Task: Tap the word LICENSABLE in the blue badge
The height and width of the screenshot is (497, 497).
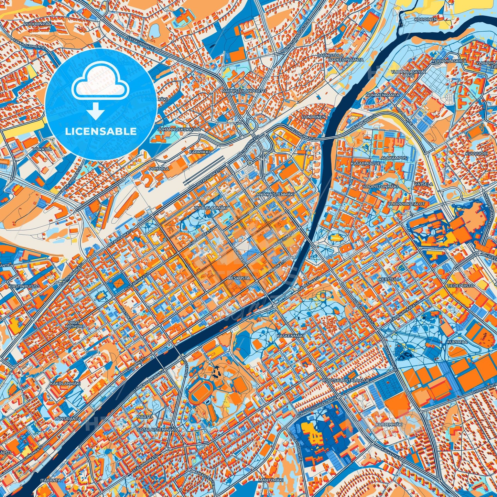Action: point(101,131)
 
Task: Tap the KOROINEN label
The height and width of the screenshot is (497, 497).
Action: point(425,20)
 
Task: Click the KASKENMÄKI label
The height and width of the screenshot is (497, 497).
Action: point(285,335)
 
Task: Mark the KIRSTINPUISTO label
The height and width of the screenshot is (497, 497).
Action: point(24,286)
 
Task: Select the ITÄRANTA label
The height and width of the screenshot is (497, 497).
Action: point(51,480)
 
